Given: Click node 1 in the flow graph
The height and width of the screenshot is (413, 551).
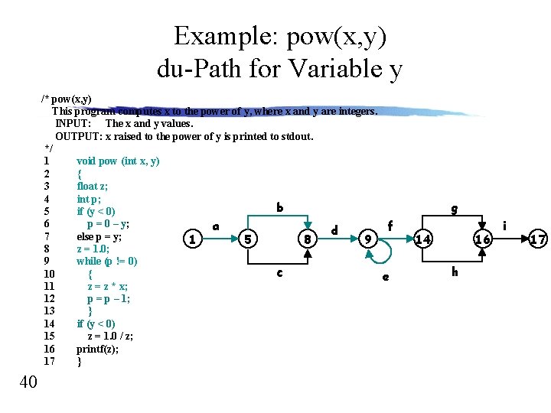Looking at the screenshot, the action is pos(194,239).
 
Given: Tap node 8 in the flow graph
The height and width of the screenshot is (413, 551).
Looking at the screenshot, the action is pos(306,239).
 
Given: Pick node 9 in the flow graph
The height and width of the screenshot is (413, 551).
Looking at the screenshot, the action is pos(368,239).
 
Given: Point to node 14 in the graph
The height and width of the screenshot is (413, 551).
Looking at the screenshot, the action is pos(423,239).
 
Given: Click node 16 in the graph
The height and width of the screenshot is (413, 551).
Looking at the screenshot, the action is pos(482,239).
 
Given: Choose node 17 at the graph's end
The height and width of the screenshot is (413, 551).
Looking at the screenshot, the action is pos(538,239).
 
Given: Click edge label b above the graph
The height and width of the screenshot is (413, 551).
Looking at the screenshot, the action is pos(279,207).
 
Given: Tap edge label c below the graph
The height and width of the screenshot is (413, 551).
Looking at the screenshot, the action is pos(279,272).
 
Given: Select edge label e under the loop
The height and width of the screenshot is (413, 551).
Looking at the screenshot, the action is pos(385,277).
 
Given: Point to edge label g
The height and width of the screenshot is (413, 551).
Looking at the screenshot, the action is pos(455,207).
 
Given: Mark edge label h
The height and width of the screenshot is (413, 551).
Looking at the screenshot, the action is pos(455,272).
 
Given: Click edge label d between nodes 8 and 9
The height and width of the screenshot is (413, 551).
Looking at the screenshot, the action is pos(334,229).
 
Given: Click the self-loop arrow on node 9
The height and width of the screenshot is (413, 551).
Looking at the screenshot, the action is pos(383,252).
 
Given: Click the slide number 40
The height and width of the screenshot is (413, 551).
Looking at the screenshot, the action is pos(28,382).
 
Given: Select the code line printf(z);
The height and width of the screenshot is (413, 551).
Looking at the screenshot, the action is pos(97,349).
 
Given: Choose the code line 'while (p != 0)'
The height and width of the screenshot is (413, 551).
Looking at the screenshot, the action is pos(107,261).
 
